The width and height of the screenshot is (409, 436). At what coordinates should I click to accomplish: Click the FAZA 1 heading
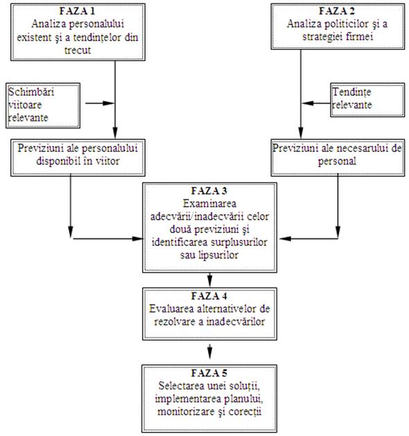tap(78, 11)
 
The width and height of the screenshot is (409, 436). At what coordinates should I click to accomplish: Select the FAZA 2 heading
tap(337, 11)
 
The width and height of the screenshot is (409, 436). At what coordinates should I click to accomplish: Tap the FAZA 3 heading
tap(209, 191)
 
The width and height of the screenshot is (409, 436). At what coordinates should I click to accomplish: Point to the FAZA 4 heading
tap(209, 296)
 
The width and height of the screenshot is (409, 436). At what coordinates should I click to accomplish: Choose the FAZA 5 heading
tap(209, 373)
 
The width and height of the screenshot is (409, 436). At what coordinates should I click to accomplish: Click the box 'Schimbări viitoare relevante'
tap(43, 105)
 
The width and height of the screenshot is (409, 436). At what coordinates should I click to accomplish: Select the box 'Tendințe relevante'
tap(367, 100)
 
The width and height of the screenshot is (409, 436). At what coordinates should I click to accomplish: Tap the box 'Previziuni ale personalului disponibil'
tap(78, 157)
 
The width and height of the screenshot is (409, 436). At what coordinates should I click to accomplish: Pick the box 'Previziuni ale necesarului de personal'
tap(338, 157)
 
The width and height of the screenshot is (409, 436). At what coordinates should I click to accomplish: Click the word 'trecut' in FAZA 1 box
tap(78, 51)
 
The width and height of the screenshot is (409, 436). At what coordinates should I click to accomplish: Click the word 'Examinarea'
tap(209, 204)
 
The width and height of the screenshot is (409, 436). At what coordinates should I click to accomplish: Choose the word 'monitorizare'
tap(186, 411)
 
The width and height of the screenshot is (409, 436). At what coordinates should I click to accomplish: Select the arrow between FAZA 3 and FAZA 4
tap(210, 279)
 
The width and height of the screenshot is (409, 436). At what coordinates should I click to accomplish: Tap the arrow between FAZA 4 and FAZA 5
tap(210, 351)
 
